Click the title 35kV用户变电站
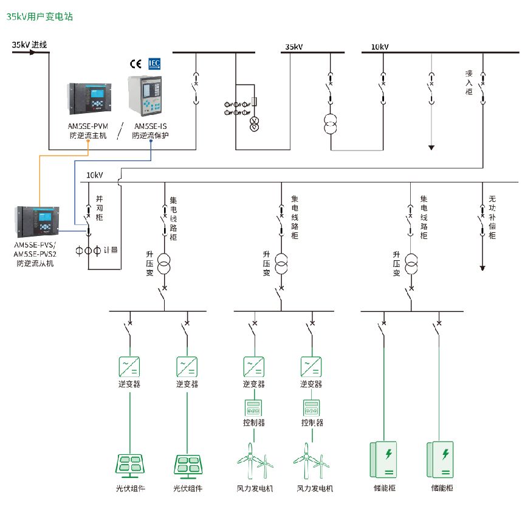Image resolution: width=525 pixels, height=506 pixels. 39,17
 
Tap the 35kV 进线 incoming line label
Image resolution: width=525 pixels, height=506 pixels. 29,44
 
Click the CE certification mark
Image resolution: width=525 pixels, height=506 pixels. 136,63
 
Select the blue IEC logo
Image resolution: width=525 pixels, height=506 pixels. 154,63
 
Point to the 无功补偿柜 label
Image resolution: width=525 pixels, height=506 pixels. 492,217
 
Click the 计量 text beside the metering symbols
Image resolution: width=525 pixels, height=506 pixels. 110,250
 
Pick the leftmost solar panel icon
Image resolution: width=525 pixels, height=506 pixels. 130,465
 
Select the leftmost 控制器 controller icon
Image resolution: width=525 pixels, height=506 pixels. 254,407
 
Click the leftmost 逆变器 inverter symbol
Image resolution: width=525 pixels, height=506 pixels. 130,367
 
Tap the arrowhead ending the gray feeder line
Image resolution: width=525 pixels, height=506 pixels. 431,147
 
